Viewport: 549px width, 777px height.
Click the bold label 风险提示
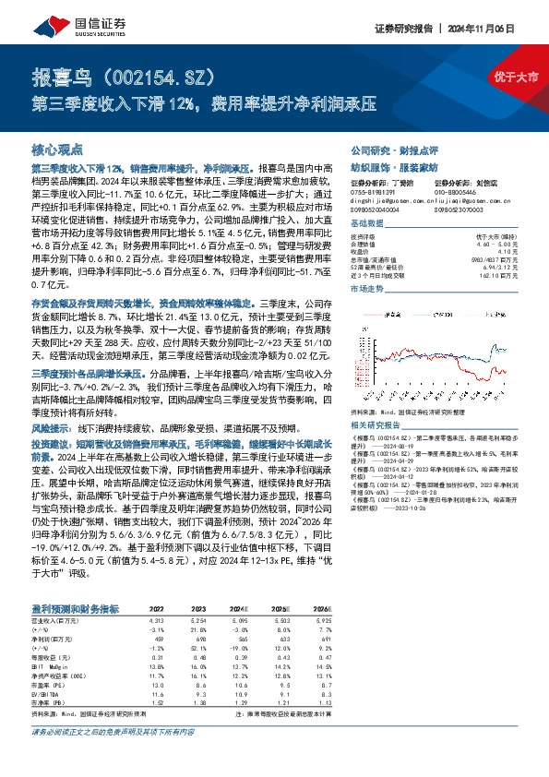(52, 429)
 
